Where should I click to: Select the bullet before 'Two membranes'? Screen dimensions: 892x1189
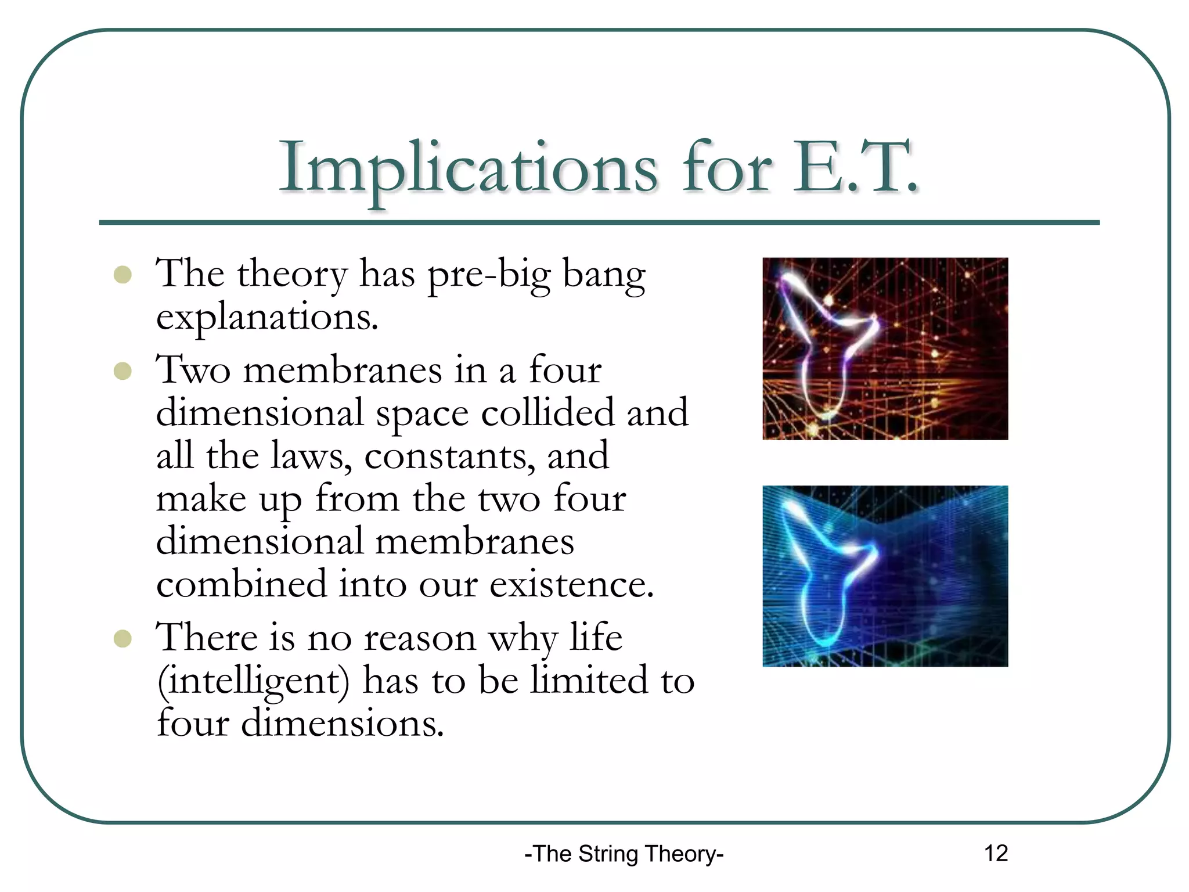click(122, 371)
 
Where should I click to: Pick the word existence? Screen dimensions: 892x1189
click(571, 584)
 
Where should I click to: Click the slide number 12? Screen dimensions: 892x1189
click(996, 853)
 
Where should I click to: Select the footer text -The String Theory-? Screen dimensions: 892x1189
click(624, 854)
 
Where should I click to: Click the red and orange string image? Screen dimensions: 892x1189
click(885, 348)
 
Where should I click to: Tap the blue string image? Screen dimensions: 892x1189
click(885, 576)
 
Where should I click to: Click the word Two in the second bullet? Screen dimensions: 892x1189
click(193, 371)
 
